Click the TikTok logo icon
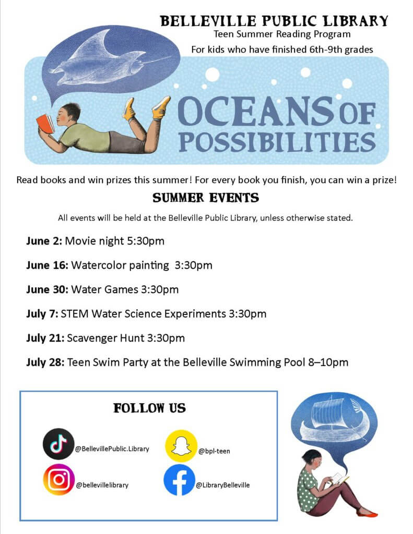pyautogui.click(x=58, y=444)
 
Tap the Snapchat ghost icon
pyautogui.click(x=181, y=446)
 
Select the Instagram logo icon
pyautogui.click(x=58, y=479)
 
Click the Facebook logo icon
pyautogui.click(x=180, y=480)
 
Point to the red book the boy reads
pyautogui.click(x=45, y=124)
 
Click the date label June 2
pyautogui.click(x=44, y=241)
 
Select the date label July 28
pyautogui.click(x=45, y=362)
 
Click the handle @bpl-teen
pyautogui.click(x=214, y=451)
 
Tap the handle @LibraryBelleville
pyautogui.click(x=223, y=485)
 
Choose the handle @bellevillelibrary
pyautogui.click(x=102, y=485)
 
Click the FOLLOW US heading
pyautogui.click(x=149, y=408)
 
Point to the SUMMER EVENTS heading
pyautogui.click(x=206, y=198)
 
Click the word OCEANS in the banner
pyautogui.click(x=256, y=112)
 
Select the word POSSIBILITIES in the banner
pyautogui.click(x=277, y=141)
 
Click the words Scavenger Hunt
pyautogui.click(x=106, y=338)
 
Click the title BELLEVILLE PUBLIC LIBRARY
pyautogui.click(x=274, y=21)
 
